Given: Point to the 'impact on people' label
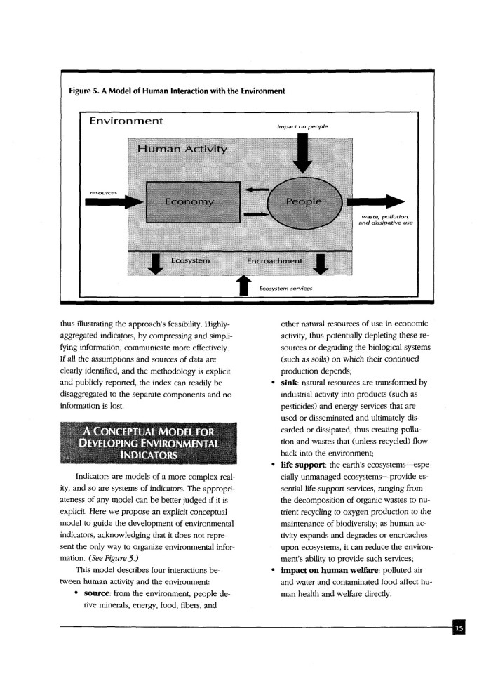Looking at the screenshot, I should pos(302,126).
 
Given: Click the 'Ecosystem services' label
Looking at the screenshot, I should pos(285,288).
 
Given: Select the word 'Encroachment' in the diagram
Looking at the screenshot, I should pos(275,261).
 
